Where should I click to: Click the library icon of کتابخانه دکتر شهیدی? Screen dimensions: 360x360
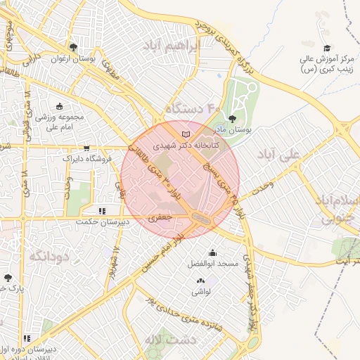186,134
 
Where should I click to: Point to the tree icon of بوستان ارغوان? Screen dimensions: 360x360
73,47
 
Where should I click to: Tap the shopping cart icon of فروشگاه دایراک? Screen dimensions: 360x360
86,148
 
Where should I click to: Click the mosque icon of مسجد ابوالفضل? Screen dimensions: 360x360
212,253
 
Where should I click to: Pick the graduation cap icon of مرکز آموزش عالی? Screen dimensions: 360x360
326,48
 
